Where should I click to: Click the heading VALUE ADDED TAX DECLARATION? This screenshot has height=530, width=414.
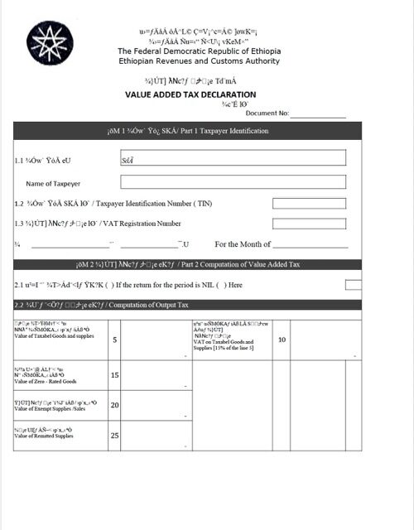190,94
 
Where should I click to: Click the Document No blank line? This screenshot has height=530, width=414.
317,113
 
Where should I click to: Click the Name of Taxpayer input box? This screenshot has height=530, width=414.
233,182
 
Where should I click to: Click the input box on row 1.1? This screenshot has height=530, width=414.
233,159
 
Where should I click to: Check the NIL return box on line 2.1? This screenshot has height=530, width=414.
353,285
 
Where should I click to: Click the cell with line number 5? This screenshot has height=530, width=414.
115,340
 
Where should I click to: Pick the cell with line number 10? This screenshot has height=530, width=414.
282,340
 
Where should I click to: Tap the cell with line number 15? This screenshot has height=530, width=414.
115,375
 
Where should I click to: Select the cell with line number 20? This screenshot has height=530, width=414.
115,405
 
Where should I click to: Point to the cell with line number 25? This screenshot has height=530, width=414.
115,436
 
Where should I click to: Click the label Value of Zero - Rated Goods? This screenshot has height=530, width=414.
46,382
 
